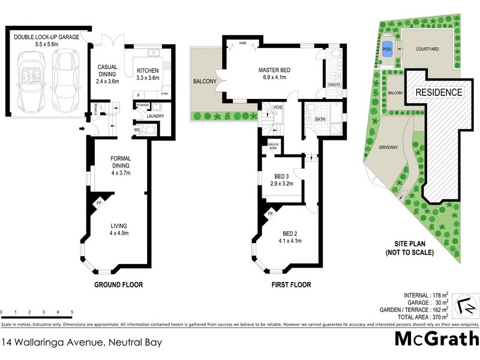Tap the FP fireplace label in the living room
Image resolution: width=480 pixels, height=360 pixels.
98,203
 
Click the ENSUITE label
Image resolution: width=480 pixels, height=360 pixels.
334,85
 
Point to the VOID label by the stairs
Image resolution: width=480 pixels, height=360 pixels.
278,108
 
